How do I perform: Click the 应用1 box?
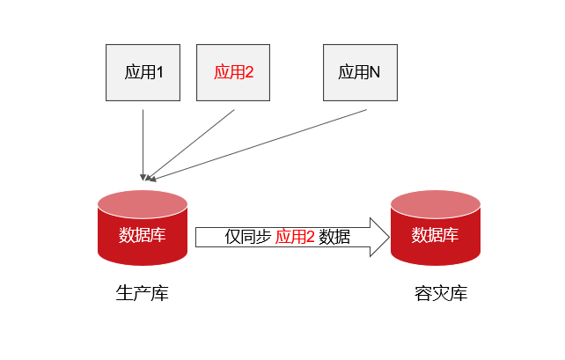point(143,71)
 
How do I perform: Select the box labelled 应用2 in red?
point(233,71)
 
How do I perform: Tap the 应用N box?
point(360,71)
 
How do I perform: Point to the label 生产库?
point(143,293)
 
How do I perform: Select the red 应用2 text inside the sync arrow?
point(295,237)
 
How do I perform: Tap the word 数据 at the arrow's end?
point(334,237)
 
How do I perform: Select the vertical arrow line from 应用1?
point(143,141)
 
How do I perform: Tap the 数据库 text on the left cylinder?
point(143,236)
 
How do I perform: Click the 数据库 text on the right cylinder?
point(435,236)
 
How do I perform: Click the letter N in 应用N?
point(375,72)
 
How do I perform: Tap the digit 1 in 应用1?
point(161,72)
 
